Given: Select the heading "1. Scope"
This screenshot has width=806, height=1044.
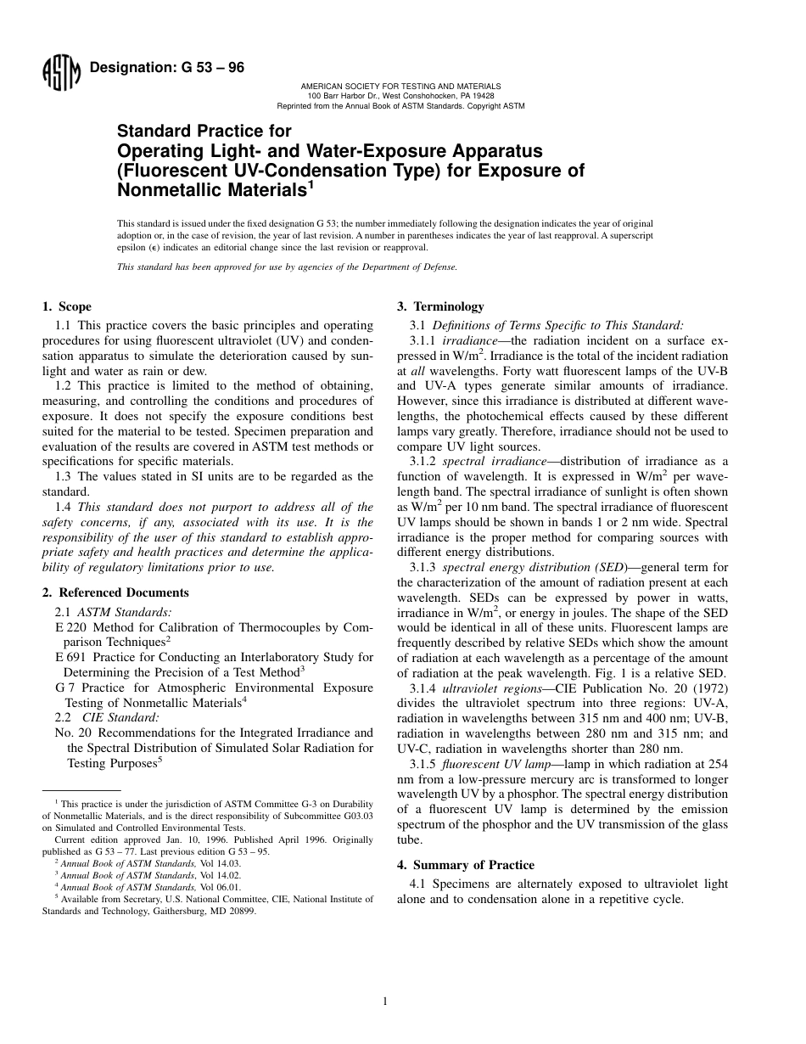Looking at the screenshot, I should pyautogui.click(x=67, y=306).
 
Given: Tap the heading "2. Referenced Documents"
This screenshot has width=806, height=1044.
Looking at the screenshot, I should pyautogui.click(x=115, y=592).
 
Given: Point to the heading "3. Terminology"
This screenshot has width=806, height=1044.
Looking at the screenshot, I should pyautogui.click(x=440, y=306).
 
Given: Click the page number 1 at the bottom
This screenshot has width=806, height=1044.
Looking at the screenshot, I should pyautogui.click(x=385, y=1002).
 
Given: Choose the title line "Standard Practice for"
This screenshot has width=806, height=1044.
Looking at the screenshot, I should pyautogui.click(x=204, y=132).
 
